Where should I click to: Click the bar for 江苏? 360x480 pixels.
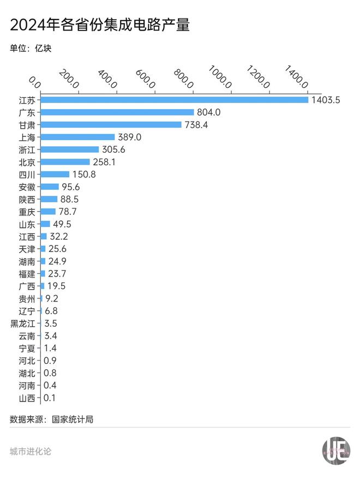pyautogui.click(x=174, y=100)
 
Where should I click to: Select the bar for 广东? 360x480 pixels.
pyautogui.click(x=117, y=112)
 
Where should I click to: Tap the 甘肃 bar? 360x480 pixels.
pyautogui.click(x=111, y=125)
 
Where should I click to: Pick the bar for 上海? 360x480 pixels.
pyautogui.click(x=77, y=137)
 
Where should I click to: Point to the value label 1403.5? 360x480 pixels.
pyautogui.click(x=326, y=100)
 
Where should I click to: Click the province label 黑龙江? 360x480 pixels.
pyautogui.click(x=23, y=323)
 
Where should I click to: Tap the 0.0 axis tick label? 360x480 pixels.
pyautogui.click(x=34, y=82)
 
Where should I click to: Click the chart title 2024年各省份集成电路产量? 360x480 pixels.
pyautogui.click(x=100, y=25)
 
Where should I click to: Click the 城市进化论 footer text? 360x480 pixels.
pyautogui.click(x=31, y=452)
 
